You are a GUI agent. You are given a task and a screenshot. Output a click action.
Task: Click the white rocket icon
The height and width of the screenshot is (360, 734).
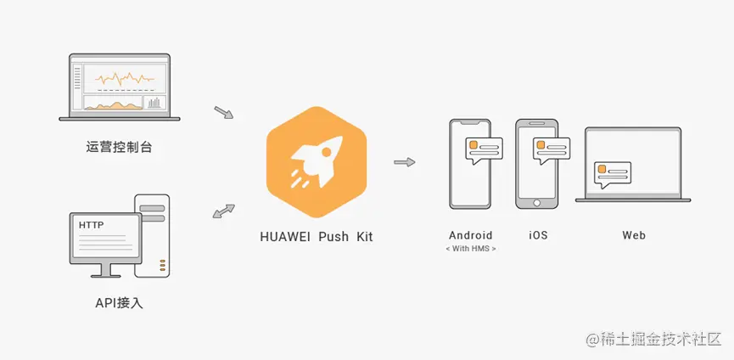click(316, 160)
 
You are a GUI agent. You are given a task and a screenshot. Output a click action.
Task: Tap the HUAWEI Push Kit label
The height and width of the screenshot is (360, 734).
click(316, 237)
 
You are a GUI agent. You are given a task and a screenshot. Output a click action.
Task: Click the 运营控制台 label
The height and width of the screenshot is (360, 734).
click(120, 147)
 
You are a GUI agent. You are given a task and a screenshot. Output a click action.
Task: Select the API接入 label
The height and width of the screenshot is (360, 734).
click(120, 302)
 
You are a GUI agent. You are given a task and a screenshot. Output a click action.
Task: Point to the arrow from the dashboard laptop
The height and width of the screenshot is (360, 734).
click(223, 112)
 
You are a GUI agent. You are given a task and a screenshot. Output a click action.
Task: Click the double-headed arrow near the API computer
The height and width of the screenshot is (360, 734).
click(223, 210)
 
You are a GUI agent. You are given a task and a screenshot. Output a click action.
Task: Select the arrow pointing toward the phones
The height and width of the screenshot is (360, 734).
click(405, 161)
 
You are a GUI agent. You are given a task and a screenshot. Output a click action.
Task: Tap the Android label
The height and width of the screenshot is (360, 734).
click(471, 235)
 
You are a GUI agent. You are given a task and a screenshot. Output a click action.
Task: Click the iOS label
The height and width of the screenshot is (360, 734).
click(537, 235)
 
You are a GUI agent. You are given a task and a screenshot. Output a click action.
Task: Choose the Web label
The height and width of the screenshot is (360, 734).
click(634, 235)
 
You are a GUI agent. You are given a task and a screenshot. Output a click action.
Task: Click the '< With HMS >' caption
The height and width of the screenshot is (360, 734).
click(471, 249)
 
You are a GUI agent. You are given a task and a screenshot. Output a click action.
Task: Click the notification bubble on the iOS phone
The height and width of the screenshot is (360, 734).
click(552, 150)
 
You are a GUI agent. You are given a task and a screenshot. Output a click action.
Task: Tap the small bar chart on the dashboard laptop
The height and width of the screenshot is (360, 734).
click(154, 102)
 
